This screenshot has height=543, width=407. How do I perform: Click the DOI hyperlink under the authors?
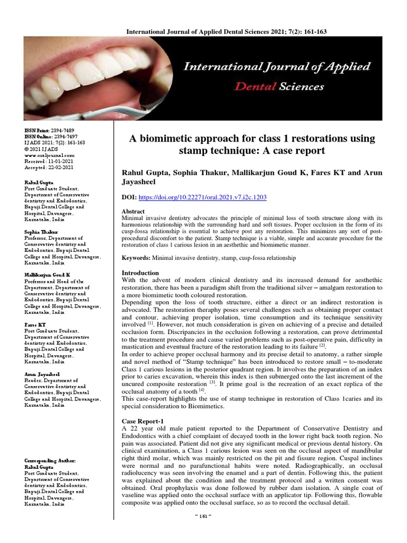pos(202,197)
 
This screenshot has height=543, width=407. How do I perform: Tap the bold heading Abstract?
pos(133,211)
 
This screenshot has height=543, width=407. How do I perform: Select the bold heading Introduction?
pos(139,273)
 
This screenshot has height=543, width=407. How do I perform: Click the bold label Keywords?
pos(136,257)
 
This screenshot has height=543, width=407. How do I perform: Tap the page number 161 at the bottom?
pos(203,531)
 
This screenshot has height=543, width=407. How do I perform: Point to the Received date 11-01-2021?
pos(60,161)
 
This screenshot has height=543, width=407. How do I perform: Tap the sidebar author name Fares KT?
pos(35,324)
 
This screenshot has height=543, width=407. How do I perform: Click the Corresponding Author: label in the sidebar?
pos(50,460)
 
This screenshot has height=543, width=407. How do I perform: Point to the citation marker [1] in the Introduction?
pos(151,322)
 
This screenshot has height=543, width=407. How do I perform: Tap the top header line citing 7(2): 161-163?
pos(226,32)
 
